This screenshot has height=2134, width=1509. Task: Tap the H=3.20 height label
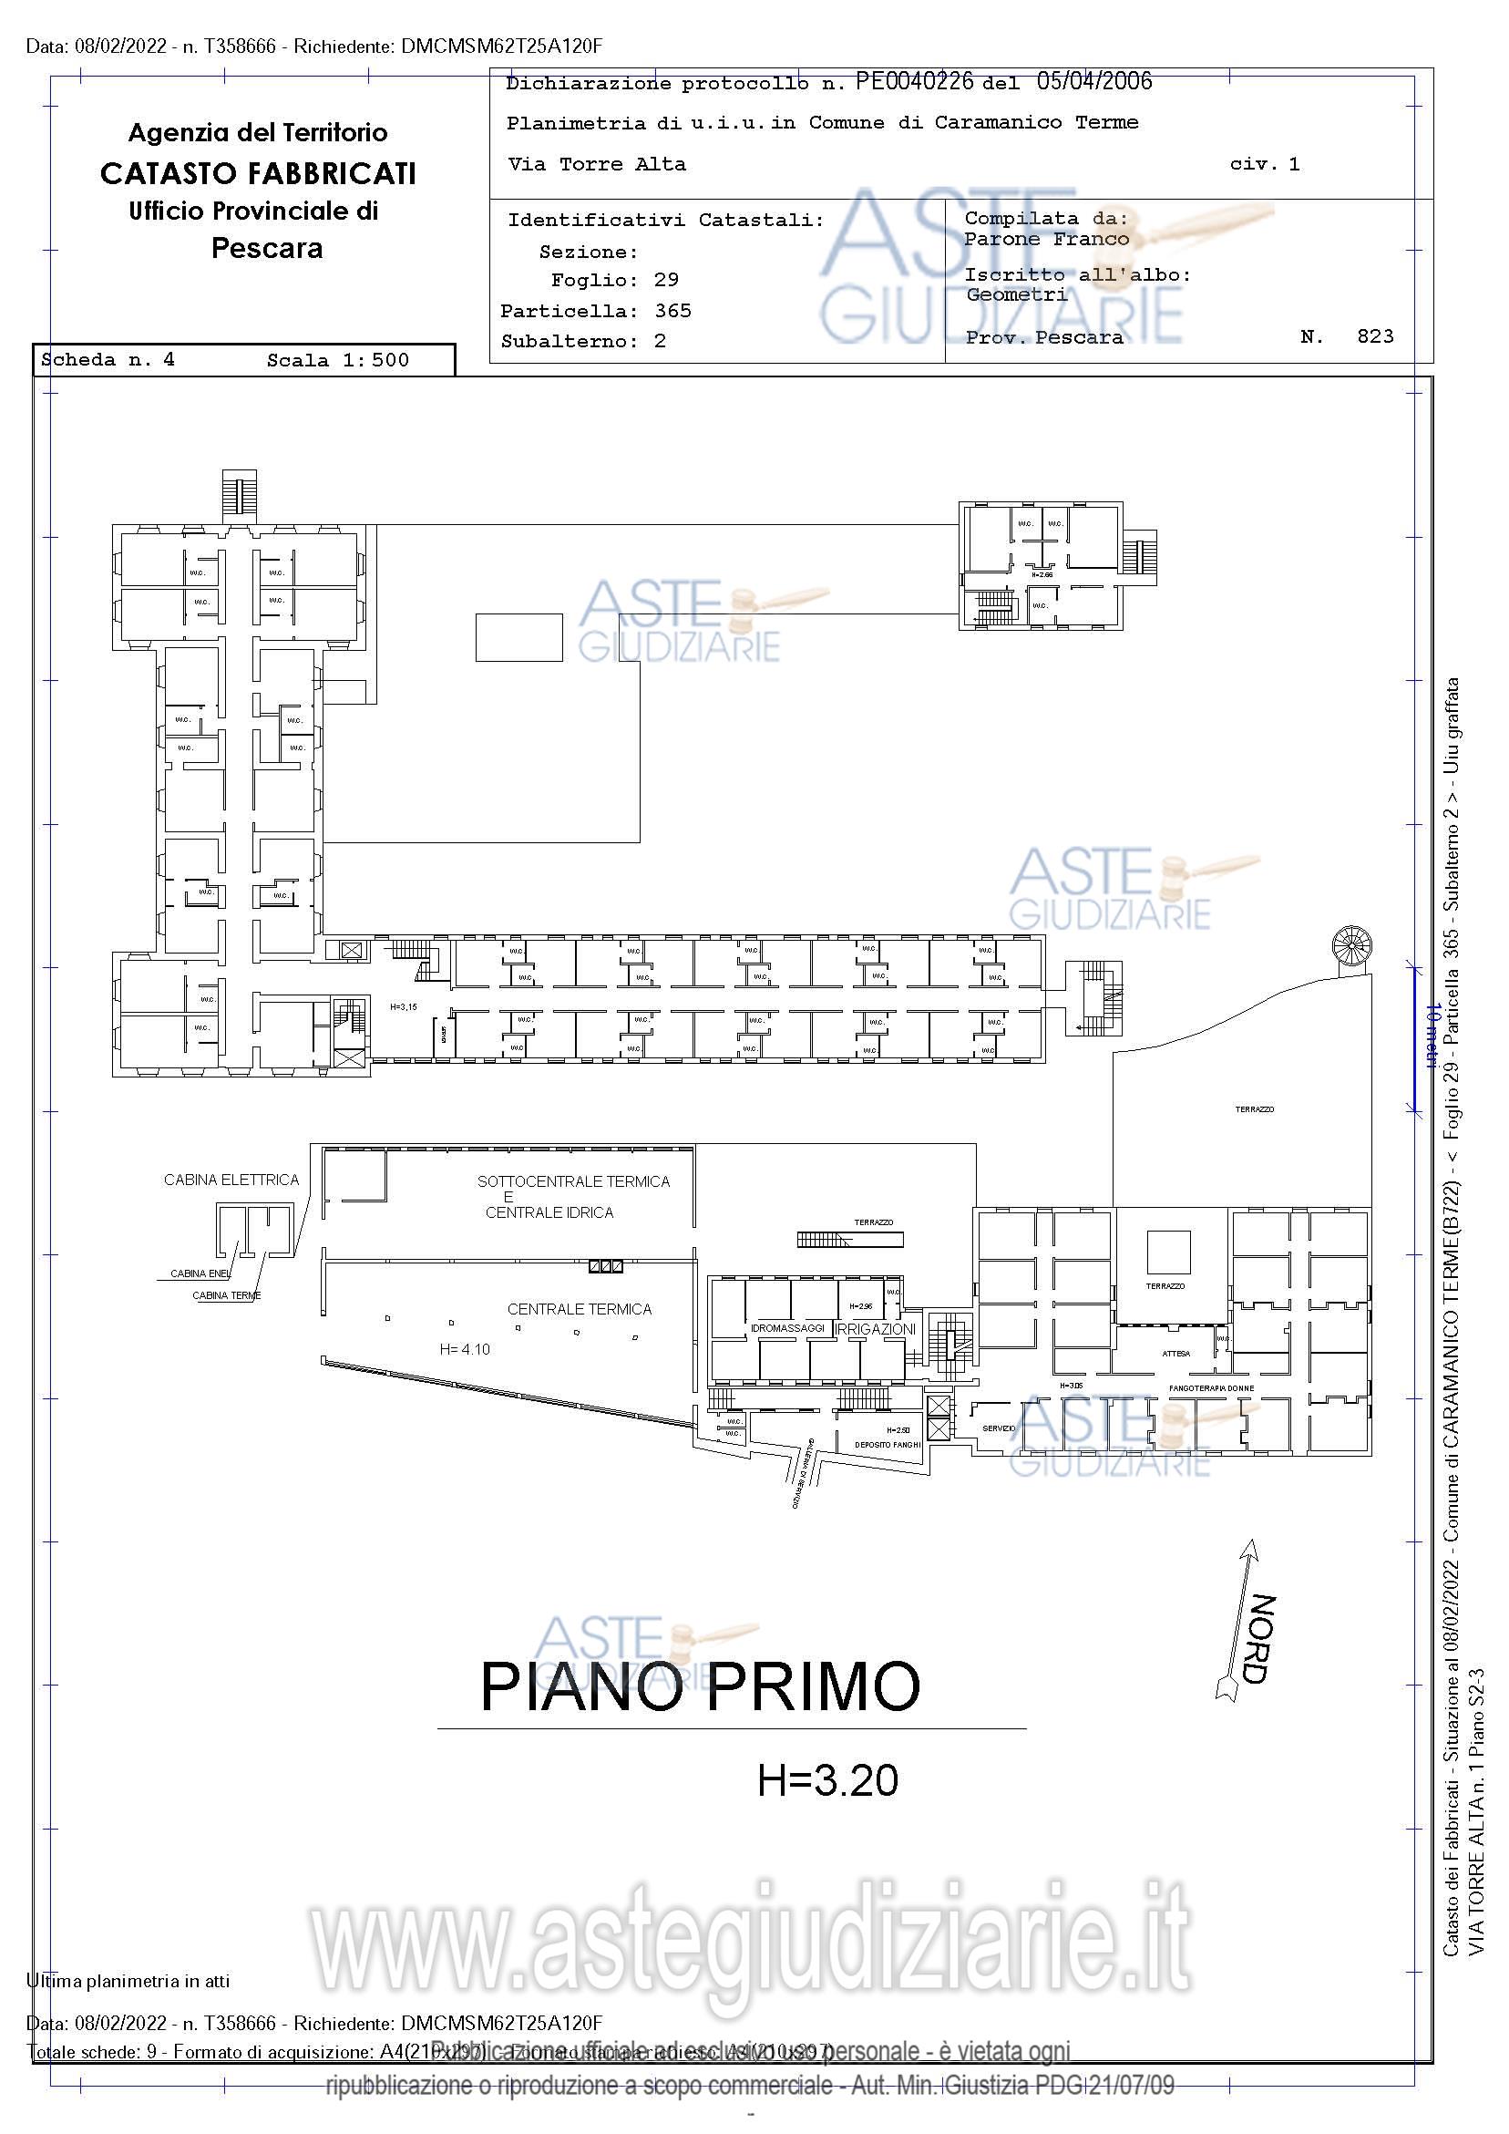(827, 1782)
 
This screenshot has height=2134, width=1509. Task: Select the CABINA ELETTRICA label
(231, 1180)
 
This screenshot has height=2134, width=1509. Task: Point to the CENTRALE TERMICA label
(579, 1310)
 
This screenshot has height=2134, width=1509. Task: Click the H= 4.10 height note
(465, 1348)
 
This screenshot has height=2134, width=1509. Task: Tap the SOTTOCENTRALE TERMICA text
(573, 1182)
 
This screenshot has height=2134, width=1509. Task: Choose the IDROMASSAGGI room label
(787, 1329)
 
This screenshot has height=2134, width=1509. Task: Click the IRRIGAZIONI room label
(876, 1329)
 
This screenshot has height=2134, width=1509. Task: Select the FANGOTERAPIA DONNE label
(1211, 1388)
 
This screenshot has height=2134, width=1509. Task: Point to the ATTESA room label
(1175, 1355)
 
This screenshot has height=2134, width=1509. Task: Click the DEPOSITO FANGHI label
(888, 1444)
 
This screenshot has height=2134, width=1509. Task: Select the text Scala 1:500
(337, 361)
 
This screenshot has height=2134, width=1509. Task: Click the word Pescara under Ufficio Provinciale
(267, 248)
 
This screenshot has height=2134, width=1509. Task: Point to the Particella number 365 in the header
(672, 311)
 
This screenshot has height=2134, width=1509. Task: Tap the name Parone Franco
(1046, 239)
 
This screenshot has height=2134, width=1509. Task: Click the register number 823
(1375, 336)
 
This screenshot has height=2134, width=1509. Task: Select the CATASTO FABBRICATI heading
(257, 174)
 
